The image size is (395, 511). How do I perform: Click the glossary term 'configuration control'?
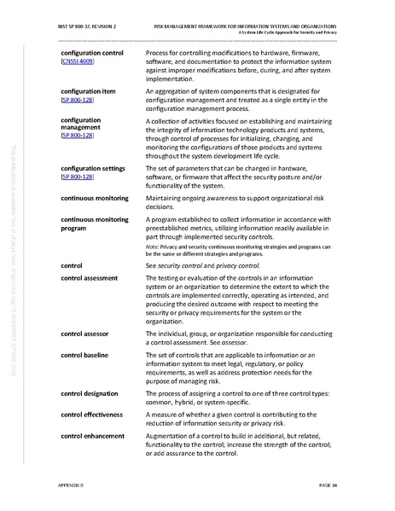(92, 53)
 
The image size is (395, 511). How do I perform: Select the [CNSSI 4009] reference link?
(78, 62)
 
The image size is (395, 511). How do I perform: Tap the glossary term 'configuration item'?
(87, 90)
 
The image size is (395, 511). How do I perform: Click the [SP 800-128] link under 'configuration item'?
(78, 100)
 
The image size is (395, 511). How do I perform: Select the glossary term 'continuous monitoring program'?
(94, 224)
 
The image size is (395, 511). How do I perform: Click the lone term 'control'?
(72, 266)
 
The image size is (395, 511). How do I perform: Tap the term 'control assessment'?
(89, 279)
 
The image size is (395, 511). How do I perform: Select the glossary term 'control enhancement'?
(93, 436)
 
